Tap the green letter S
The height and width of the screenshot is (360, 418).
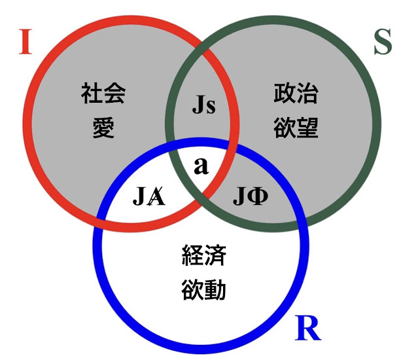point(383,43)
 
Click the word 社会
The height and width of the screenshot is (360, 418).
point(104,94)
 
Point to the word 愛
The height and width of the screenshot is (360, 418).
point(104,127)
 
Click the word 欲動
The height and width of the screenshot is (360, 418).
point(203,289)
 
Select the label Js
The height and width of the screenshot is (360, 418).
point(203,105)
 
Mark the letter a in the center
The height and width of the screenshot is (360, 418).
point(201,166)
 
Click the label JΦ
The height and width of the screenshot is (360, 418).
point(251,196)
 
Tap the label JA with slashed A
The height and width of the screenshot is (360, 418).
point(149,196)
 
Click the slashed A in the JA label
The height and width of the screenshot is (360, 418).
point(156,196)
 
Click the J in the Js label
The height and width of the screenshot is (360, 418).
point(198,105)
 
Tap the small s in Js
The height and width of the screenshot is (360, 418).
point(211,107)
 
